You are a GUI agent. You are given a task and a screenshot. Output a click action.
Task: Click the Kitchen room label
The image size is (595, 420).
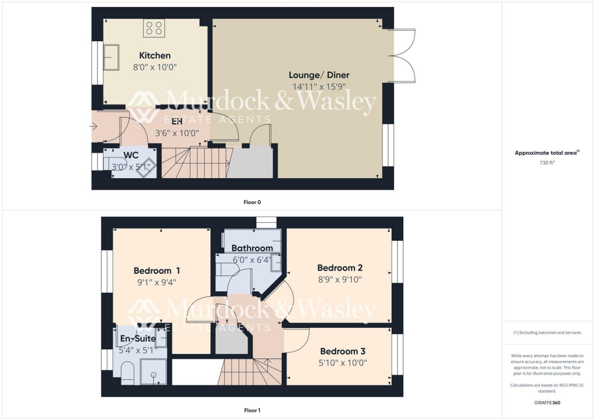point(155,56)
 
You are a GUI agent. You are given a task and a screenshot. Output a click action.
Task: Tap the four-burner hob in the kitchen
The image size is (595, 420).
point(155,27)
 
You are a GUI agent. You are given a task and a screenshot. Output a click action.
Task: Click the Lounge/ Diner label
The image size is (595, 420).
point(319,75)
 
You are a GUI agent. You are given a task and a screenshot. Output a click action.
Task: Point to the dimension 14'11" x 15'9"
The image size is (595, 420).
point(319,86)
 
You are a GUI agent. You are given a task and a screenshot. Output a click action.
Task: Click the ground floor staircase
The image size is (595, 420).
point(194,162)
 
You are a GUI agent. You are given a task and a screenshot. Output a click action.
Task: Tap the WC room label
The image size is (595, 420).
point(131,155)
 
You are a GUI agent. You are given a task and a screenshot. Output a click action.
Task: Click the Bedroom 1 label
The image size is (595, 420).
point(157,270)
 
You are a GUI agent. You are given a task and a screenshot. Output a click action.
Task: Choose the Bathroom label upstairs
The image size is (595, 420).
point(252,248)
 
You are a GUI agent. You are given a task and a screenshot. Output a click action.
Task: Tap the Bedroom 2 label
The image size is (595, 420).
point(340,268)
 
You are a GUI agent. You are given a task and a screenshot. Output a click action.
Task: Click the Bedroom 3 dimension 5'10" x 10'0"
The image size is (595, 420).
point(343,363)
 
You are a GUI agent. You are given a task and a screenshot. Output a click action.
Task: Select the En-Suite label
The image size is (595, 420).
point(134,338)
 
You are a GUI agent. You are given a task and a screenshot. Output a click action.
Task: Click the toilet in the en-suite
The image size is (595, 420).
point(128,372)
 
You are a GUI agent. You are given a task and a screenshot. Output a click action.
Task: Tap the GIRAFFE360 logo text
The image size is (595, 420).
point(548,402)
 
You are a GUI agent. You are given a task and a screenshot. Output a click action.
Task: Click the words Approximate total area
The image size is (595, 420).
point(546,153)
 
